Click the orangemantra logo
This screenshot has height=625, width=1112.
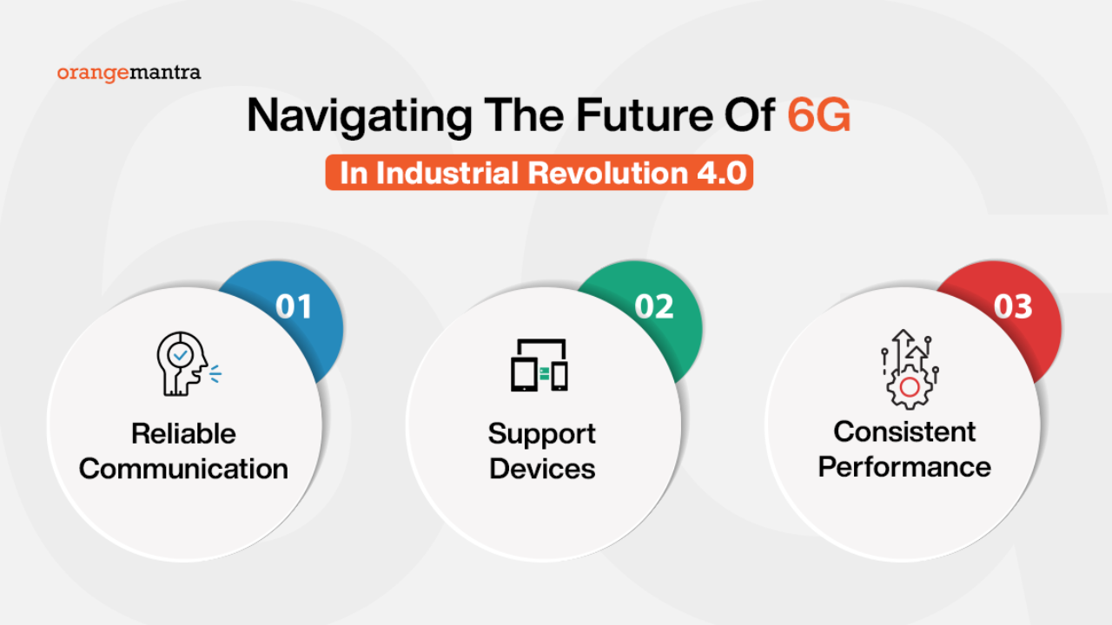(x=129, y=74)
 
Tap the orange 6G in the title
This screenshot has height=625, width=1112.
(x=819, y=115)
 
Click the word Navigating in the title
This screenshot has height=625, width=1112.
(x=360, y=117)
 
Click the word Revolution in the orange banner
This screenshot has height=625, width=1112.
(x=607, y=173)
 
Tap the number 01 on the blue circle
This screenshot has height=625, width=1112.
(x=294, y=306)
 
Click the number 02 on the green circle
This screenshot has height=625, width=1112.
(x=654, y=306)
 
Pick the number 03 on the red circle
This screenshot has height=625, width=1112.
(x=1013, y=306)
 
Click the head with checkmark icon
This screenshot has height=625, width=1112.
(x=189, y=364)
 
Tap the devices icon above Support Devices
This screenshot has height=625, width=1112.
(x=539, y=365)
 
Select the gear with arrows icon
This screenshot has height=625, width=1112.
(x=910, y=370)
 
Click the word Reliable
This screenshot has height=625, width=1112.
(x=183, y=434)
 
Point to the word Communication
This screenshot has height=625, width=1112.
(x=183, y=469)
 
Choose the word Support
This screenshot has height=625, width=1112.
(x=541, y=435)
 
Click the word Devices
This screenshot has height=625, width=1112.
(x=542, y=469)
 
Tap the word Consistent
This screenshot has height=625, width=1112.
(x=904, y=431)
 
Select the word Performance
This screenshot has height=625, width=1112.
(x=904, y=467)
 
